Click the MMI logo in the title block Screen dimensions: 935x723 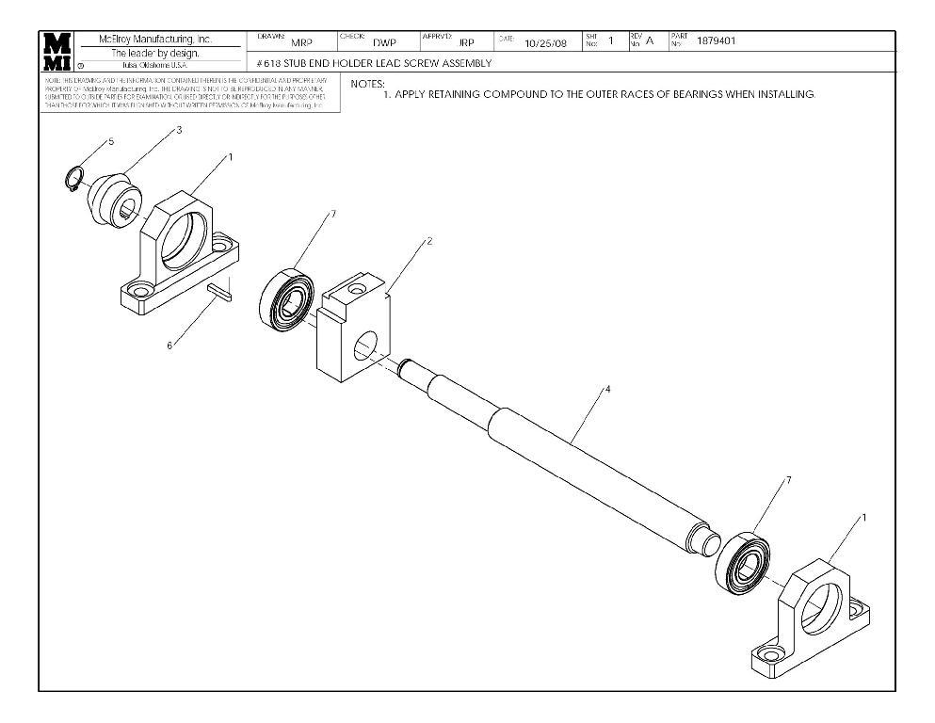pyautogui.click(x=56, y=52)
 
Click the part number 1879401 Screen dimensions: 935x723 pyautogui.click(x=716, y=40)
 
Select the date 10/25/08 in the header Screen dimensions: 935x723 pyautogui.click(x=545, y=43)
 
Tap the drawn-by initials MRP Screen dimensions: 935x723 pyautogui.click(x=301, y=43)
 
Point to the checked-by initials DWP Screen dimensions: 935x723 pyautogui.click(x=384, y=43)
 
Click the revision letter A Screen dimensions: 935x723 pyautogui.click(x=650, y=41)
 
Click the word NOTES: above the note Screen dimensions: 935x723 pyautogui.click(x=367, y=84)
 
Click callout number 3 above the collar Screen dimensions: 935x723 pyautogui.click(x=179, y=131)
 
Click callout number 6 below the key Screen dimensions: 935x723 pyautogui.click(x=169, y=345)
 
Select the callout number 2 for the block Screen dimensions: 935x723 pyautogui.click(x=429, y=241)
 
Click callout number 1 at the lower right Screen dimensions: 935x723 pyautogui.click(x=863, y=517)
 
